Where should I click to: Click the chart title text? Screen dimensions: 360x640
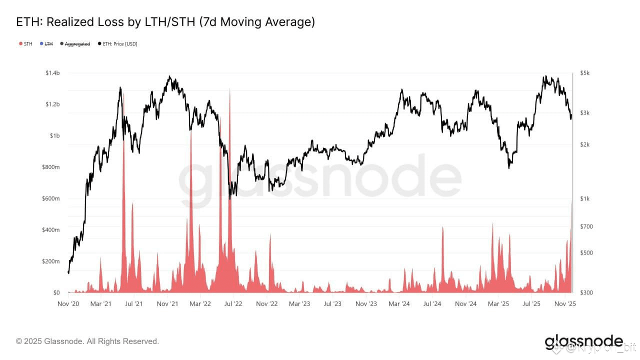[x=165, y=22]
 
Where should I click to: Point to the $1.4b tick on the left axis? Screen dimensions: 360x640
[x=52, y=73]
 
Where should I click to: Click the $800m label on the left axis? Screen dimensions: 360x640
[x=50, y=167]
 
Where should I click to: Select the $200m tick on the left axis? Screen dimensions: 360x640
[x=50, y=261]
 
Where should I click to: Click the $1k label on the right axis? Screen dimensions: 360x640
[x=584, y=198]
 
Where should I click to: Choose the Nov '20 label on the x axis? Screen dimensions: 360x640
[x=68, y=303]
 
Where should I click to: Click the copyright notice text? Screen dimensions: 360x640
[x=87, y=341]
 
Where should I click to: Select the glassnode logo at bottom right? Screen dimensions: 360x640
[x=583, y=342]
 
